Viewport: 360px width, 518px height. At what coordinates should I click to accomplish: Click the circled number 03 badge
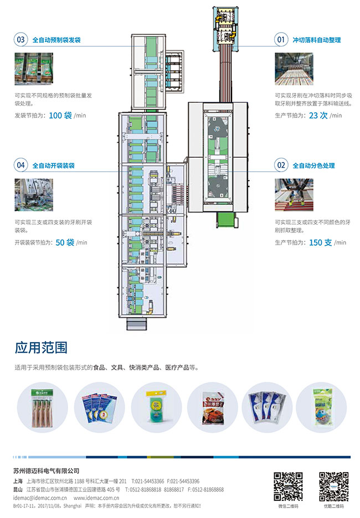(21, 40)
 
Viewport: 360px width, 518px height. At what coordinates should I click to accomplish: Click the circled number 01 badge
(281, 40)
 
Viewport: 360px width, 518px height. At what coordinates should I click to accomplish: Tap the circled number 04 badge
(21, 165)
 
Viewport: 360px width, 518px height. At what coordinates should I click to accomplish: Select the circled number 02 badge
(281, 165)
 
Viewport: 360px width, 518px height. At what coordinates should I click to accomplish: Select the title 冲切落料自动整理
(316, 40)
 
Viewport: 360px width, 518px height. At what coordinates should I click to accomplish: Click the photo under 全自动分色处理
(294, 195)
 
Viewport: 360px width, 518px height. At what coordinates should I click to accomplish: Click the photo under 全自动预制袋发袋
(34, 69)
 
